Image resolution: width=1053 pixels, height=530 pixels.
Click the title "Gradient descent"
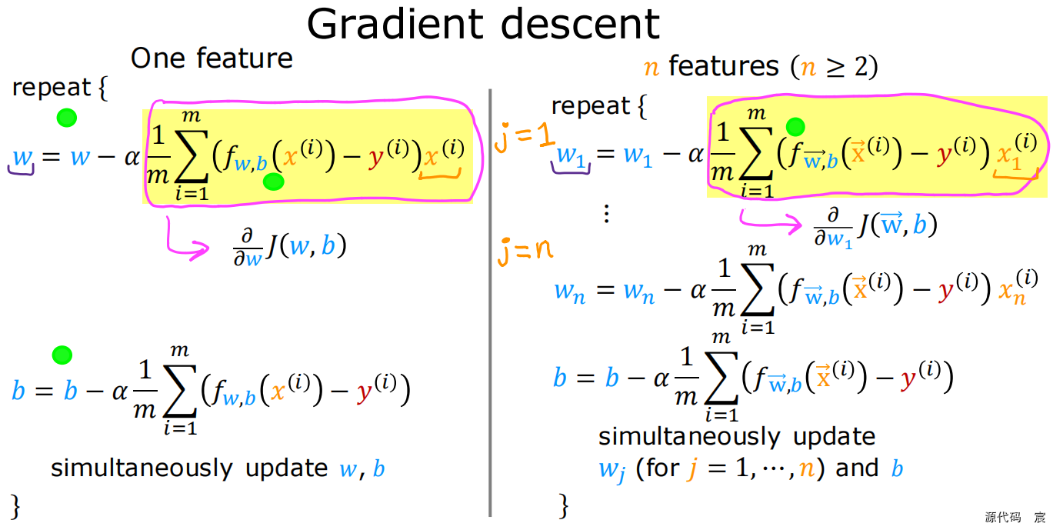483,25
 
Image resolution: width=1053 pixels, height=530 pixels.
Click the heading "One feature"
212,58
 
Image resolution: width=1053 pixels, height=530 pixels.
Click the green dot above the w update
67,118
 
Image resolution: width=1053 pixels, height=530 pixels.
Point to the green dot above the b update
62,355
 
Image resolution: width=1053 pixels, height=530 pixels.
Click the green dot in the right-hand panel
795,127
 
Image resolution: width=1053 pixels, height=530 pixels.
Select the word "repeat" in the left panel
52,88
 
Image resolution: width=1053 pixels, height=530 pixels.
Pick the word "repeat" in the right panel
591,105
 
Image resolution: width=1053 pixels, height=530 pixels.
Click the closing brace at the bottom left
15,505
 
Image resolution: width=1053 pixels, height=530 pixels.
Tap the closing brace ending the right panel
563,505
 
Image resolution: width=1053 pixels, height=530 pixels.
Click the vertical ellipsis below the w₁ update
606,214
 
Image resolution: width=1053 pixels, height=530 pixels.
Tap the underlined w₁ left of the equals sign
570,156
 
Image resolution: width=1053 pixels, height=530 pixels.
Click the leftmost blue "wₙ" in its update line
569,292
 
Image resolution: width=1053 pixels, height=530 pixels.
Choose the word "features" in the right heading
723,67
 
